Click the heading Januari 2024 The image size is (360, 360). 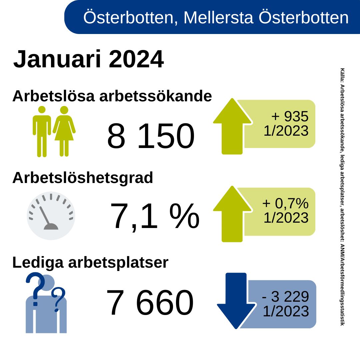pyautogui.click(x=88, y=59)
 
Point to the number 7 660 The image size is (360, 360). pyautogui.click(x=150, y=303)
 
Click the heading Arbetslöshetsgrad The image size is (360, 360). pyautogui.click(x=83, y=178)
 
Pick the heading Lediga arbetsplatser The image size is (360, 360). pyautogui.click(x=90, y=263)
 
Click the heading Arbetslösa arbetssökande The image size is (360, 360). pyautogui.click(x=112, y=96)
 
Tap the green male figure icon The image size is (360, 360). pyautogui.click(x=42, y=131)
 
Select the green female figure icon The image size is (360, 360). pyautogui.click(x=64, y=131)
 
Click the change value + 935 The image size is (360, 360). pyautogui.click(x=290, y=117)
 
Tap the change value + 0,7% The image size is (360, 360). pyautogui.click(x=285, y=203)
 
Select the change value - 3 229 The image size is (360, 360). pyautogui.click(x=286, y=296)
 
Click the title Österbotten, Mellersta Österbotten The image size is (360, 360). pyautogui.click(x=216, y=17)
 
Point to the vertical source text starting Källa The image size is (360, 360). pyautogui.click(x=342, y=197)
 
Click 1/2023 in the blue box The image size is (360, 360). pyautogui.click(x=286, y=311)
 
